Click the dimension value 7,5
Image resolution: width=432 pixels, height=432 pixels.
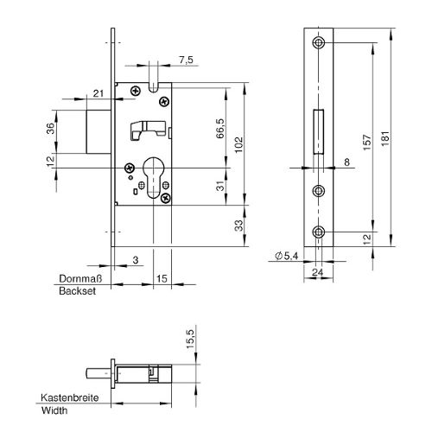(x=186, y=60)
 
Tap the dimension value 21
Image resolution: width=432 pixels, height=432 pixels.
(x=98, y=93)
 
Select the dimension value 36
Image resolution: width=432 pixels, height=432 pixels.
(x=50, y=129)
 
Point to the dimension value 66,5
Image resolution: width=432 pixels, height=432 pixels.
(x=220, y=129)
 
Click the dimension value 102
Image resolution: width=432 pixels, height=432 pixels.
(x=239, y=145)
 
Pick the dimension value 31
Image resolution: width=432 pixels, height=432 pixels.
(x=220, y=186)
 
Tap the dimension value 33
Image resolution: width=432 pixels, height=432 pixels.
(x=238, y=226)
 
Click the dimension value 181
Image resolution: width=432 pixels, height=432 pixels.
(x=385, y=138)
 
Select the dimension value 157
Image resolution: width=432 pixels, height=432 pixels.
(x=366, y=142)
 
